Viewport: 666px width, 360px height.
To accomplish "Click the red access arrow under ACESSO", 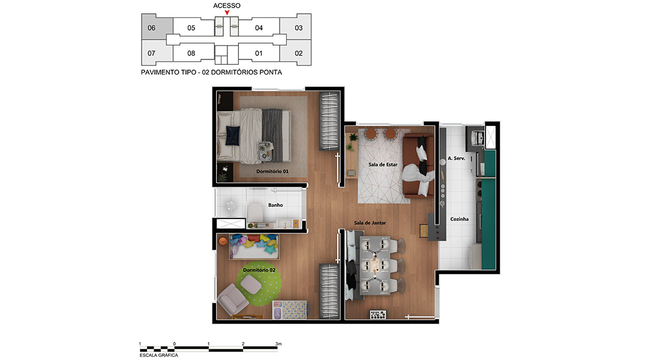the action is click(x=227, y=13).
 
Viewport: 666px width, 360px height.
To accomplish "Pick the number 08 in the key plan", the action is click(x=191, y=53).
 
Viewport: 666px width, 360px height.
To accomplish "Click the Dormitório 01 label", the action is click(x=272, y=172).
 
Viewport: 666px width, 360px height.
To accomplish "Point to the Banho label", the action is click(x=275, y=205).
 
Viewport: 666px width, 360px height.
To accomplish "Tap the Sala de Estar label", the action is click(x=383, y=165).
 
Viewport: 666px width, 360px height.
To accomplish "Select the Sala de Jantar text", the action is click(x=370, y=223).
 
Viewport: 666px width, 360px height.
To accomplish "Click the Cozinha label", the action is click(x=459, y=219).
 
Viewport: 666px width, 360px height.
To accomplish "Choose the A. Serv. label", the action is click(x=456, y=158).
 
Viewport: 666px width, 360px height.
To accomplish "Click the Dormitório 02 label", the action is click(x=259, y=270).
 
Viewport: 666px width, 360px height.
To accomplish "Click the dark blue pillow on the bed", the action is click(x=232, y=136).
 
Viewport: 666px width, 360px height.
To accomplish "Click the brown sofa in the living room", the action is click(x=418, y=166).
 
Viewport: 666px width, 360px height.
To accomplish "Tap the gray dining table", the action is click(x=375, y=266).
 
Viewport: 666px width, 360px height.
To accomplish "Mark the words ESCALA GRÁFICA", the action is click(x=159, y=355).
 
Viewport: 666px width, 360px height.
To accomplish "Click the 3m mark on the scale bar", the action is click(x=278, y=344).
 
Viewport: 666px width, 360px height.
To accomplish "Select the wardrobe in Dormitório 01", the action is click(x=329, y=121).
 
